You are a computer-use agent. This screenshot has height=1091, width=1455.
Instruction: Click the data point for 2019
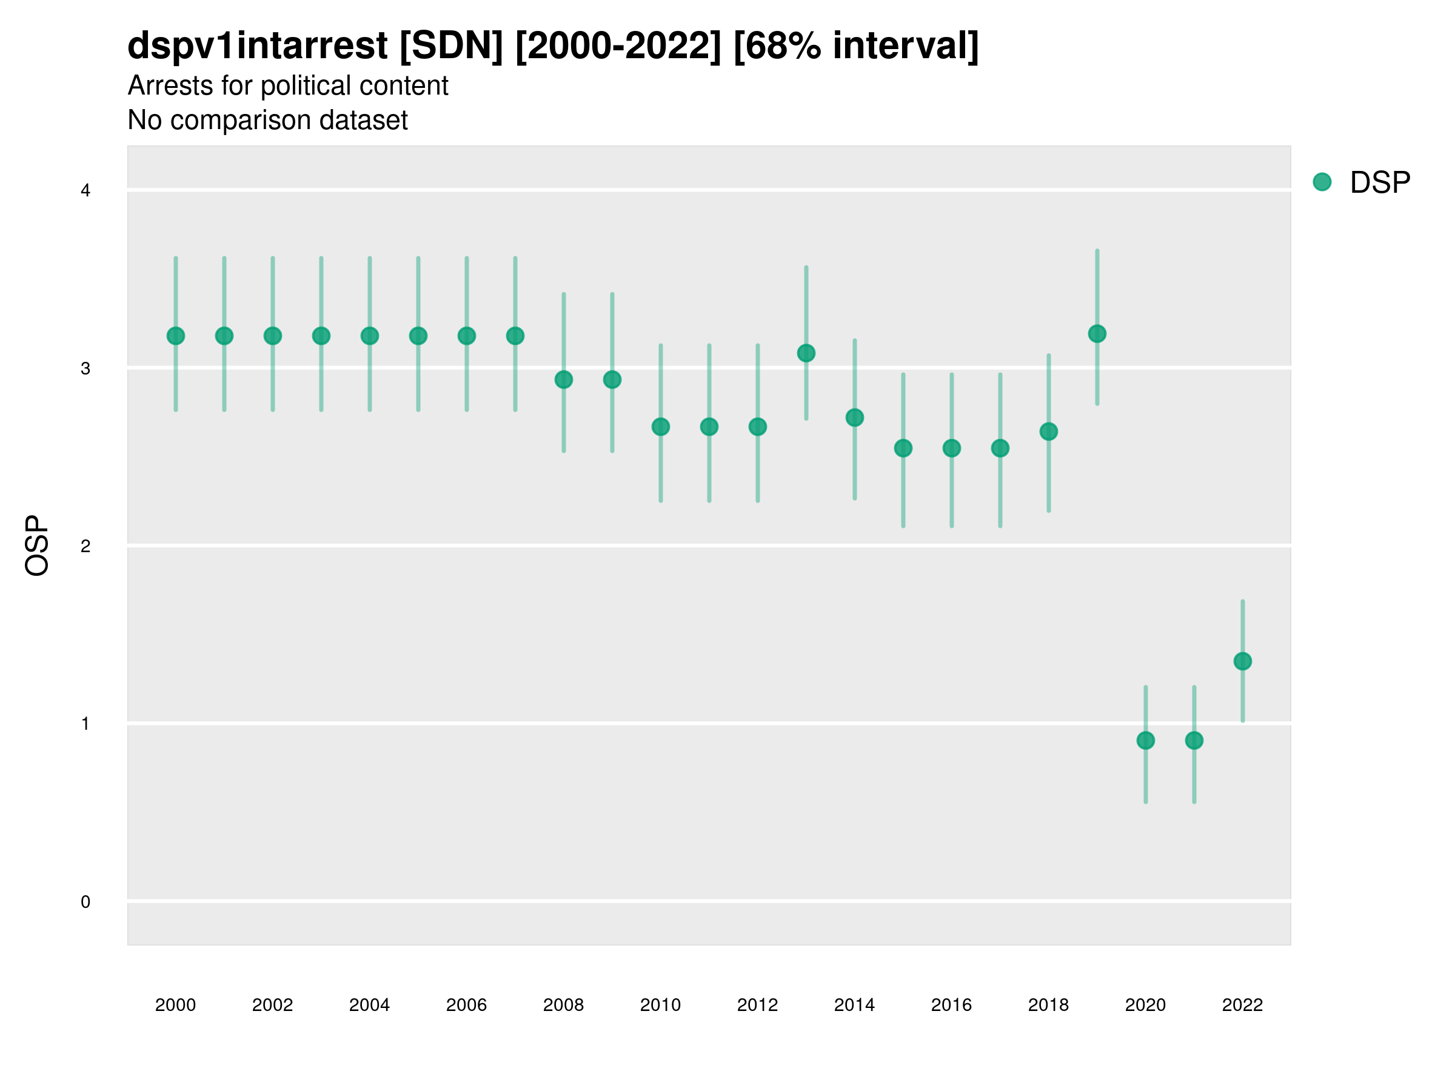1097,334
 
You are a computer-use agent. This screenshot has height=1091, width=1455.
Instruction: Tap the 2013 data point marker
806,353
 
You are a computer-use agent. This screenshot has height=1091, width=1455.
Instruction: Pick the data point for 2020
1145,741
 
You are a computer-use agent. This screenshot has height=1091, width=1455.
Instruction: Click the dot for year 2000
176,336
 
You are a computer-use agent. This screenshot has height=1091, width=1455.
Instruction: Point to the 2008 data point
564,379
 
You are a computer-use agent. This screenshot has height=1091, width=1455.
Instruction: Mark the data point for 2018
1048,432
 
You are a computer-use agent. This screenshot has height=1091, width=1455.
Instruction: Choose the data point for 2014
854,418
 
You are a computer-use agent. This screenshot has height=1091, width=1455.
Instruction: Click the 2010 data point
660,427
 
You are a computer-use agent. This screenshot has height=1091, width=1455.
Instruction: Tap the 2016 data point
951,449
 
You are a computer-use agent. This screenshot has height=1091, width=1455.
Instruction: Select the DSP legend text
1380,182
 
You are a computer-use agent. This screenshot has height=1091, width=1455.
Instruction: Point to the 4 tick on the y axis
85,191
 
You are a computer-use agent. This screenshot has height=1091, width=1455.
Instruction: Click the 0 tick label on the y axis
85,902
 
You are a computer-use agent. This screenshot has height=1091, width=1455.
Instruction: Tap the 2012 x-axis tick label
757,1005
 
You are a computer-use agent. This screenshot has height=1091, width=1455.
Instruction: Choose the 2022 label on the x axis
1243,1005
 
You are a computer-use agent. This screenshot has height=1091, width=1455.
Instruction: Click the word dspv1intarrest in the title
257,45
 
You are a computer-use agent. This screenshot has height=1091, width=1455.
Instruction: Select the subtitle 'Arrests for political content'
287,85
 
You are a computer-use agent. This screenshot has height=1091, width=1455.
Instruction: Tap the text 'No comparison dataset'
267,119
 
